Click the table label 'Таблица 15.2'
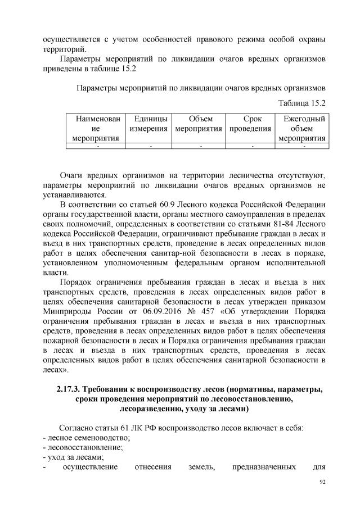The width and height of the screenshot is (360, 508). (302, 103)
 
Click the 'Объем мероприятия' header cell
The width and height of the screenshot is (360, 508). (200, 124)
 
